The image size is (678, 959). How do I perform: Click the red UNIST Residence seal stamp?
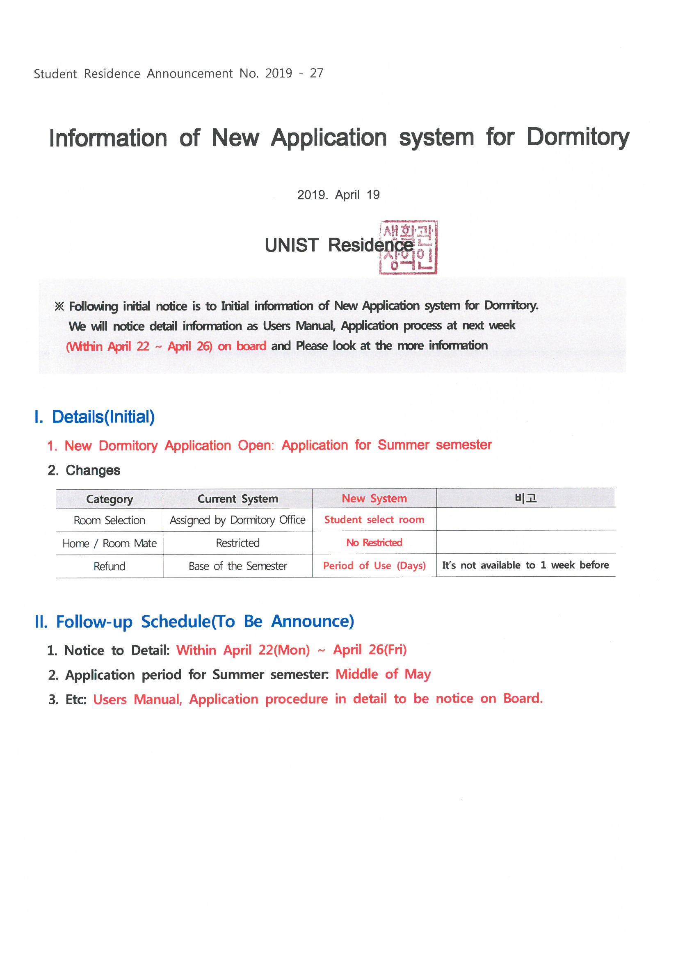(x=408, y=247)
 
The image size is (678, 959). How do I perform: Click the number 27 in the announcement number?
(x=316, y=73)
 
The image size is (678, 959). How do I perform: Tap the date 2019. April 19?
(x=338, y=195)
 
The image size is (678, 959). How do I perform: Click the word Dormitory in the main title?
(x=578, y=137)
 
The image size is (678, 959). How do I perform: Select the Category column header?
(x=110, y=499)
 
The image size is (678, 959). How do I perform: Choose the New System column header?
(x=374, y=498)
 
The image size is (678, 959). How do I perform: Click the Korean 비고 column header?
(x=525, y=498)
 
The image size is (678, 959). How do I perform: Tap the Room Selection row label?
(x=110, y=521)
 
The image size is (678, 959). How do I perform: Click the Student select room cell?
(x=374, y=520)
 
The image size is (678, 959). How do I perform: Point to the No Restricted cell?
(x=374, y=543)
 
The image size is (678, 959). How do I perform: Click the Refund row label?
(x=110, y=566)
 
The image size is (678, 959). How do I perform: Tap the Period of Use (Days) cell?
(x=374, y=566)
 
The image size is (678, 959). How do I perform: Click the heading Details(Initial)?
(x=103, y=417)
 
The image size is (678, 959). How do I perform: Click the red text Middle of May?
(x=383, y=674)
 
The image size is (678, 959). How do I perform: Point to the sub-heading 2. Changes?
(x=93, y=470)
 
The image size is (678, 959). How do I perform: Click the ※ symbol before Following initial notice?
(x=59, y=306)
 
